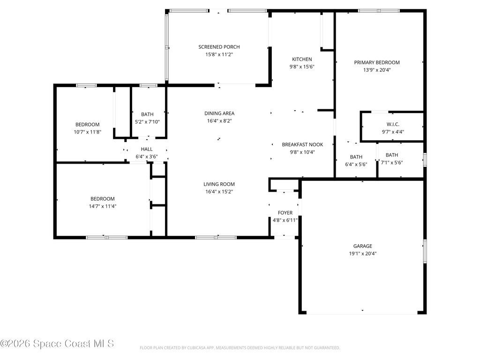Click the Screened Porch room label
tap(219, 47)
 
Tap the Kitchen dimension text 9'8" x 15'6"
tap(302, 67)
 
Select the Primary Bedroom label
tap(377, 62)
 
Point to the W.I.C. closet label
tap(393, 124)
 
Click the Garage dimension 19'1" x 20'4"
tap(363, 254)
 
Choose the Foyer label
tap(285, 213)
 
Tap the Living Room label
tap(219, 184)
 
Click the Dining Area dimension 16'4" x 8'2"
tap(219, 121)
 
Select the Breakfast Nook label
tap(302, 144)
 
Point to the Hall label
tap(147, 149)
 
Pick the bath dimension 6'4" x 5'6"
tap(356, 165)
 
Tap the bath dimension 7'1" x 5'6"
tap(392, 163)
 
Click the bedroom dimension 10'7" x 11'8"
tap(87, 132)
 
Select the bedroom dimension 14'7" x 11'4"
tap(103, 206)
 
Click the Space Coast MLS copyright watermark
tap(57, 344)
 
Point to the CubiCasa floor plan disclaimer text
tap(240, 348)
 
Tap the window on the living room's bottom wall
tap(216, 238)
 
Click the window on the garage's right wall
tap(425, 251)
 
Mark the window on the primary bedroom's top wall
tap(379, 11)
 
